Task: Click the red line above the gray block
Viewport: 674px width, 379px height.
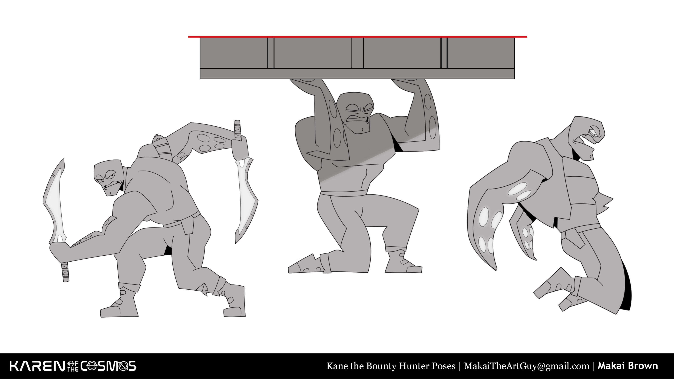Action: click(x=357, y=37)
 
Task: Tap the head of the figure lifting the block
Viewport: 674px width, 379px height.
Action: click(x=357, y=113)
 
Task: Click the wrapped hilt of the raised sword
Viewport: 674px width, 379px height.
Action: click(x=238, y=131)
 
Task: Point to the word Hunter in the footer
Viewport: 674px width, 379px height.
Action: click(x=415, y=366)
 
